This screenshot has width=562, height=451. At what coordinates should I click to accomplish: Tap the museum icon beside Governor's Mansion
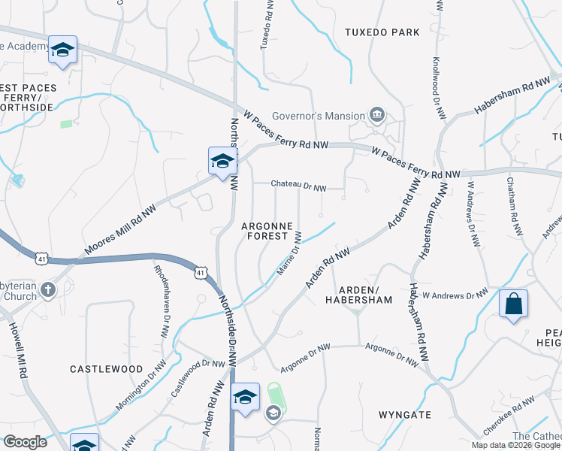click(x=377, y=116)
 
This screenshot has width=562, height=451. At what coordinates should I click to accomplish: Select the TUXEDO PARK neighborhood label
click(x=382, y=32)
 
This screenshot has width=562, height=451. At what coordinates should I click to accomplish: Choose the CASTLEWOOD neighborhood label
click(x=106, y=369)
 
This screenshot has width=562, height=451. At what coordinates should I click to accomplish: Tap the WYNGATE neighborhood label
click(x=405, y=414)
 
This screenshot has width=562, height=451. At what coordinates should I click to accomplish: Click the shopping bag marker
click(x=513, y=304)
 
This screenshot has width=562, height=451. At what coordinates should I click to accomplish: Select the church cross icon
click(x=47, y=289)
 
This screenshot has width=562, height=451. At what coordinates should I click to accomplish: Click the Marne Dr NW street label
click(x=289, y=253)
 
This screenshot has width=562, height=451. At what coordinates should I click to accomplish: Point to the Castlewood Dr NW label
click(x=198, y=377)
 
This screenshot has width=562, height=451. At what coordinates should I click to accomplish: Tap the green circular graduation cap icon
click(x=273, y=412)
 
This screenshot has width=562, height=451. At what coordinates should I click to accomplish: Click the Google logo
click(x=24, y=442)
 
